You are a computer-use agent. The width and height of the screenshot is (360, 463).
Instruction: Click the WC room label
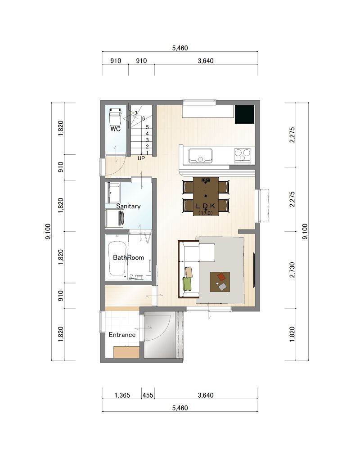coord(116,129)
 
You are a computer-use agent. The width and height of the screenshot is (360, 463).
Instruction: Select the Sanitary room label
coord(128,206)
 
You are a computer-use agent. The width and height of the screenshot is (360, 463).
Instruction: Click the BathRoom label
coord(128,257)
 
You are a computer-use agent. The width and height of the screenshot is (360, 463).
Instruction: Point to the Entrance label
coord(122,335)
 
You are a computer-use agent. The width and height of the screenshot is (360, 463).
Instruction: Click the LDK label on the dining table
coord(206,206)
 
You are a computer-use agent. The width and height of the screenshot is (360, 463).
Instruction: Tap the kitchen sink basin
coord(201,155)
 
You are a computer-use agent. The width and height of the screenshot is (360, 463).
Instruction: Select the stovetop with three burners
coord(243,156)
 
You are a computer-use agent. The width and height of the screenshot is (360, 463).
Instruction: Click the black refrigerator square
coord(244,114)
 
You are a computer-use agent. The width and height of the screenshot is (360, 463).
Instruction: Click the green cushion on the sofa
coord(187,284)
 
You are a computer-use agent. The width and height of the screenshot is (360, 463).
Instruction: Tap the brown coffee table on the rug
coord(220,282)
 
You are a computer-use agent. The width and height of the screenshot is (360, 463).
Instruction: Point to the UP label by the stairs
coord(141,158)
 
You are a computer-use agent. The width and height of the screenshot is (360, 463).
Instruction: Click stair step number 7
coord(136,113)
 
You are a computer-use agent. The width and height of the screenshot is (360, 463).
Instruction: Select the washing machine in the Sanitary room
coord(115,218)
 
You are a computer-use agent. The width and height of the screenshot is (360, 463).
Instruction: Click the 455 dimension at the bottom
coord(148,395)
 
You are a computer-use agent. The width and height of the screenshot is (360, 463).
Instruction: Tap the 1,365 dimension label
coord(122,395)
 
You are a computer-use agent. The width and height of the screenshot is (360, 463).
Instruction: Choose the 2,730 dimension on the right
coord(292,270)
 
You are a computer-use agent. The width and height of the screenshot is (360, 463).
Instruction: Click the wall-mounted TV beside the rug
coord(254,270)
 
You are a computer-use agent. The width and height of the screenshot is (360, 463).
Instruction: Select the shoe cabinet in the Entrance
coord(126,352)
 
